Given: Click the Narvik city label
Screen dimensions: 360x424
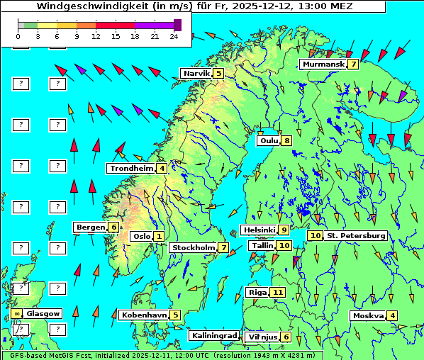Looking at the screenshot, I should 196,73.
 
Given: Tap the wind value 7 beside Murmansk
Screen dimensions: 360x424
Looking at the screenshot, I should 353,64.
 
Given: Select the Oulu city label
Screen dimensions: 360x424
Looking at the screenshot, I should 268,140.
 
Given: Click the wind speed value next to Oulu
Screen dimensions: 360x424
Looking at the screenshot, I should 286,140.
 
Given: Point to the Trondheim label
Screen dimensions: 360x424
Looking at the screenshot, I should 130,168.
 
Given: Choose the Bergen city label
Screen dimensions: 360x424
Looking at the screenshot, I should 90,227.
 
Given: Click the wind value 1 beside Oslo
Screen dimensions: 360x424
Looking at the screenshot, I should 159,236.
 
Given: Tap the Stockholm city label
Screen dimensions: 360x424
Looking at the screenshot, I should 193,247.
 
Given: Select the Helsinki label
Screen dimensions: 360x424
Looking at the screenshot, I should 258,230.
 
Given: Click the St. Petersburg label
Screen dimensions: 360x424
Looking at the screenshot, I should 355,235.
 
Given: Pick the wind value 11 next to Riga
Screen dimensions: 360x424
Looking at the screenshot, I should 277,292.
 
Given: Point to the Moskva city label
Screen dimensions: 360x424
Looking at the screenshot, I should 368,315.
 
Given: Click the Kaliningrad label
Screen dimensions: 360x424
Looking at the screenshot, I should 213,335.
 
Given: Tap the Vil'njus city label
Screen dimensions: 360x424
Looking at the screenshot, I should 261,337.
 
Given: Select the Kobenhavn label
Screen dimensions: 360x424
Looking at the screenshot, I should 144,315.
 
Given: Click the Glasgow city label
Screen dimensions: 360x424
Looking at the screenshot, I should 43,313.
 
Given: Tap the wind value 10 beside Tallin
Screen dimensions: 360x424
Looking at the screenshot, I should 284,245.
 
